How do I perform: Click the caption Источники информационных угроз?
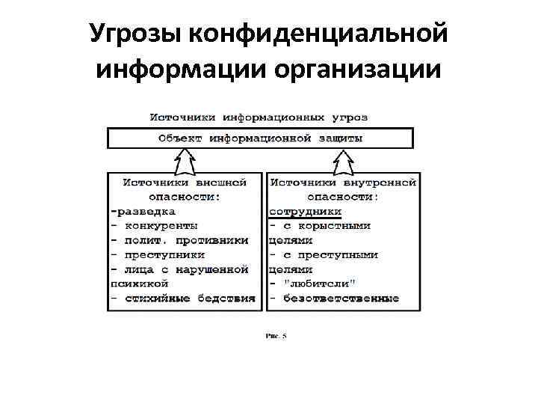[x=259, y=117]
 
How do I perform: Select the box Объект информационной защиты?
[x=260, y=138]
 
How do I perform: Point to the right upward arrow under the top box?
[x=343, y=160]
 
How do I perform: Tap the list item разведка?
[x=145, y=211]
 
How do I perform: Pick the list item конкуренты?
[x=161, y=225]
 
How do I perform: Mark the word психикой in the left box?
[x=139, y=284]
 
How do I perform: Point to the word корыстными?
[x=335, y=225]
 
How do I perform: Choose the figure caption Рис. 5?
[x=276, y=336]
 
